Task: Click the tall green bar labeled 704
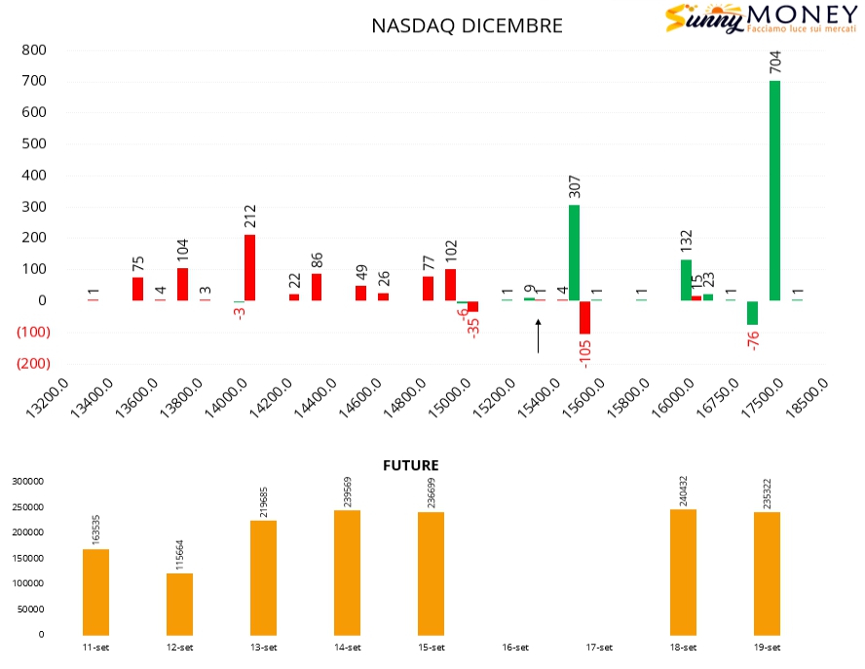coord(774,190)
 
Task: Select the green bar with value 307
coord(575,253)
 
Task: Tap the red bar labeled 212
coord(250,253)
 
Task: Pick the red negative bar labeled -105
coord(585,317)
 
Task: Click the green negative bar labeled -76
coord(752,312)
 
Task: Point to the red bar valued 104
coord(183,284)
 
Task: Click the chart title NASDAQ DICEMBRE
coord(467,26)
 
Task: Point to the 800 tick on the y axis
coord(35,50)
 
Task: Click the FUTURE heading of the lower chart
coord(410,466)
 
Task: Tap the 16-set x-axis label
coord(515,648)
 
